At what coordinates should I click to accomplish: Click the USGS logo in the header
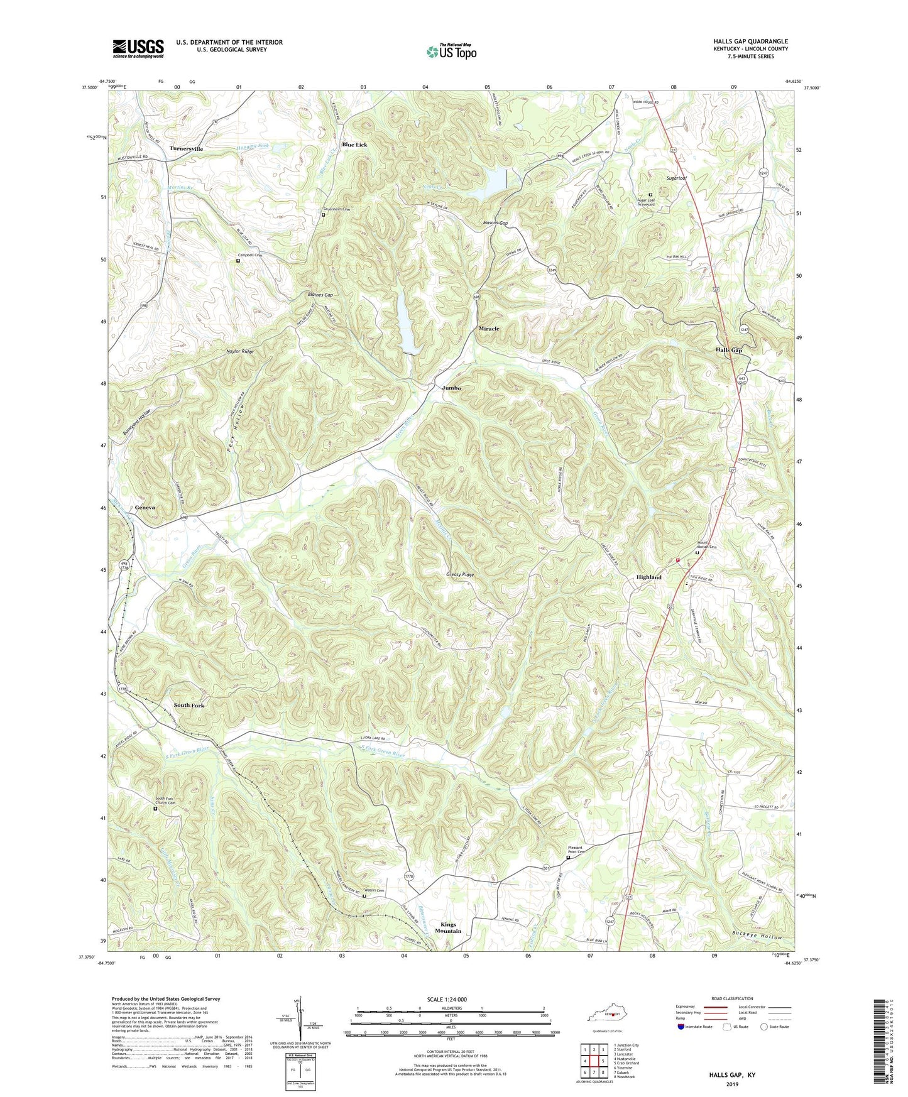(138, 48)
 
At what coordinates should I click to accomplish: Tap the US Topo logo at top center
(451, 51)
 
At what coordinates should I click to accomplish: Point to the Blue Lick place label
(354, 145)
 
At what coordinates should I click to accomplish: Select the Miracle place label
(489, 329)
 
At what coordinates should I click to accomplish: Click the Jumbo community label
(451, 388)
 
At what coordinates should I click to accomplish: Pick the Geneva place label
(145, 507)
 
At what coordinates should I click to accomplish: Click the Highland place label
(648, 577)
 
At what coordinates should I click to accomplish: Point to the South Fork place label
(189, 705)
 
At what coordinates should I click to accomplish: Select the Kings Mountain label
(451, 927)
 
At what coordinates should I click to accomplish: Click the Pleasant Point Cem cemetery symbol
(568, 857)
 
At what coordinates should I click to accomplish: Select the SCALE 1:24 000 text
(453, 1000)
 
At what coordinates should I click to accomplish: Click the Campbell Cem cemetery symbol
(238, 261)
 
